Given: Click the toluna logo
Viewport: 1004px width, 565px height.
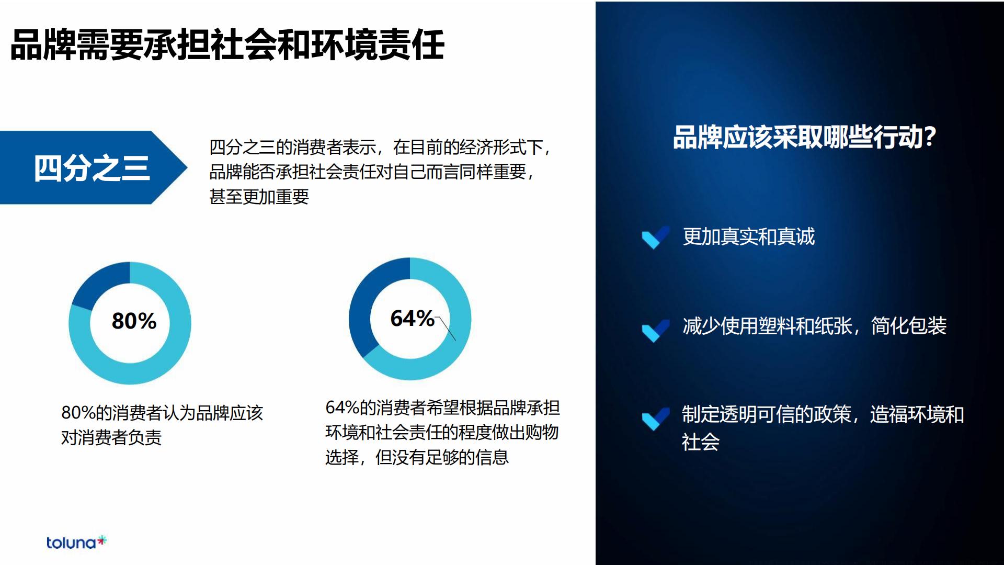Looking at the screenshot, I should [x=76, y=543].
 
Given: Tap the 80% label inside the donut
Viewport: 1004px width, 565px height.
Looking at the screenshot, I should [x=134, y=321].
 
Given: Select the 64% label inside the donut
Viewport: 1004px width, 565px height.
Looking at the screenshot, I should [x=412, y=318].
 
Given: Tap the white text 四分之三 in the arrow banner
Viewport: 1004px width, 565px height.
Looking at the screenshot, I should [x=92, y=168].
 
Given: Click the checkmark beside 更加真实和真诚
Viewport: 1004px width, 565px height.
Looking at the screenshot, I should [x=655, y=238].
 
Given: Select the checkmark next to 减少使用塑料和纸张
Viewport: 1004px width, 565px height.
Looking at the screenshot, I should [x=655, y=330].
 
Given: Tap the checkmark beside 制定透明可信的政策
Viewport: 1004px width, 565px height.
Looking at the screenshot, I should [x=655, y=418].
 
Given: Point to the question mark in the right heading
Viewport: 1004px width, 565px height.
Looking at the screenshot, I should [x=930, y=137].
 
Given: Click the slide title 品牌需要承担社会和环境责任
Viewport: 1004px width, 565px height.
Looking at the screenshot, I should [x=227, y=44].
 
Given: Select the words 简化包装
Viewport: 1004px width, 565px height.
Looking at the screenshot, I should [x=909, y=326].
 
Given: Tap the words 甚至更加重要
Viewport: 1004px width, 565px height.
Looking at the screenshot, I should [x=259, y=197].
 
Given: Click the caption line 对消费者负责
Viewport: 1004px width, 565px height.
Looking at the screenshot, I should [x=111, y=437].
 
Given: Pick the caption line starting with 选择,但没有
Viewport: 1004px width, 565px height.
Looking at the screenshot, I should [x=417, y=457].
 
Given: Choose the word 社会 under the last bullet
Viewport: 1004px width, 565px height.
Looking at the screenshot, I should [x=701, y=442].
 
